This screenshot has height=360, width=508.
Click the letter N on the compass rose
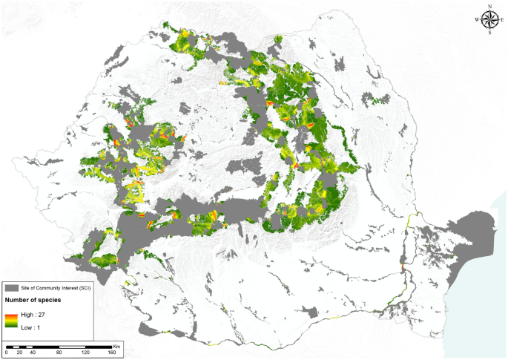point(489,7)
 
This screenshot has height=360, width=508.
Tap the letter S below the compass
point(489,33)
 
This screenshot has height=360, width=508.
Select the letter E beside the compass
point(503,20)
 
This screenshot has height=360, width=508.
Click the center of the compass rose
point(489,20)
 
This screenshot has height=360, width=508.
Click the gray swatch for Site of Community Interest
point(11,287)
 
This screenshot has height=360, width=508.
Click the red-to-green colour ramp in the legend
point(11,319)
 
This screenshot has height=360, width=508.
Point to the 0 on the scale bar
point(5,352)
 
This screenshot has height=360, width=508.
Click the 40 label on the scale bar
point(33,352)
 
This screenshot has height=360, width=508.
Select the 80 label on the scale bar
point(59,352)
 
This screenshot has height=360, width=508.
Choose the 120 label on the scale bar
point(86,352)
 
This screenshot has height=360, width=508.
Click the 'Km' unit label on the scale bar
point(116,345)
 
